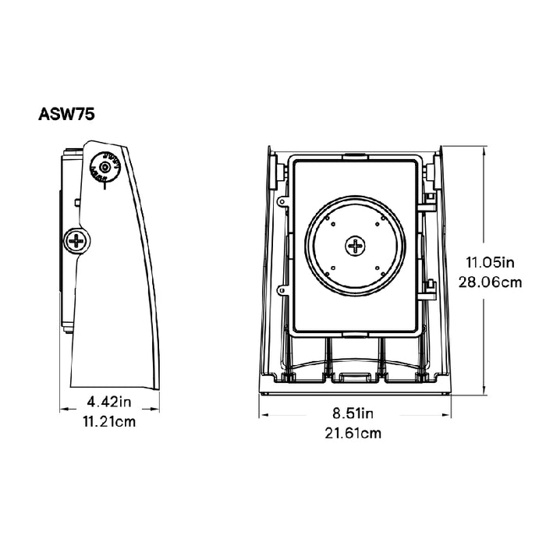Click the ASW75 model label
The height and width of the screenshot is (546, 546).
coord(66,113)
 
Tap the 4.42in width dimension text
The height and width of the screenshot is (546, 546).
coord(110,403)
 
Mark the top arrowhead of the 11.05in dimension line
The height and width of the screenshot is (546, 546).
coord(484,147)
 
